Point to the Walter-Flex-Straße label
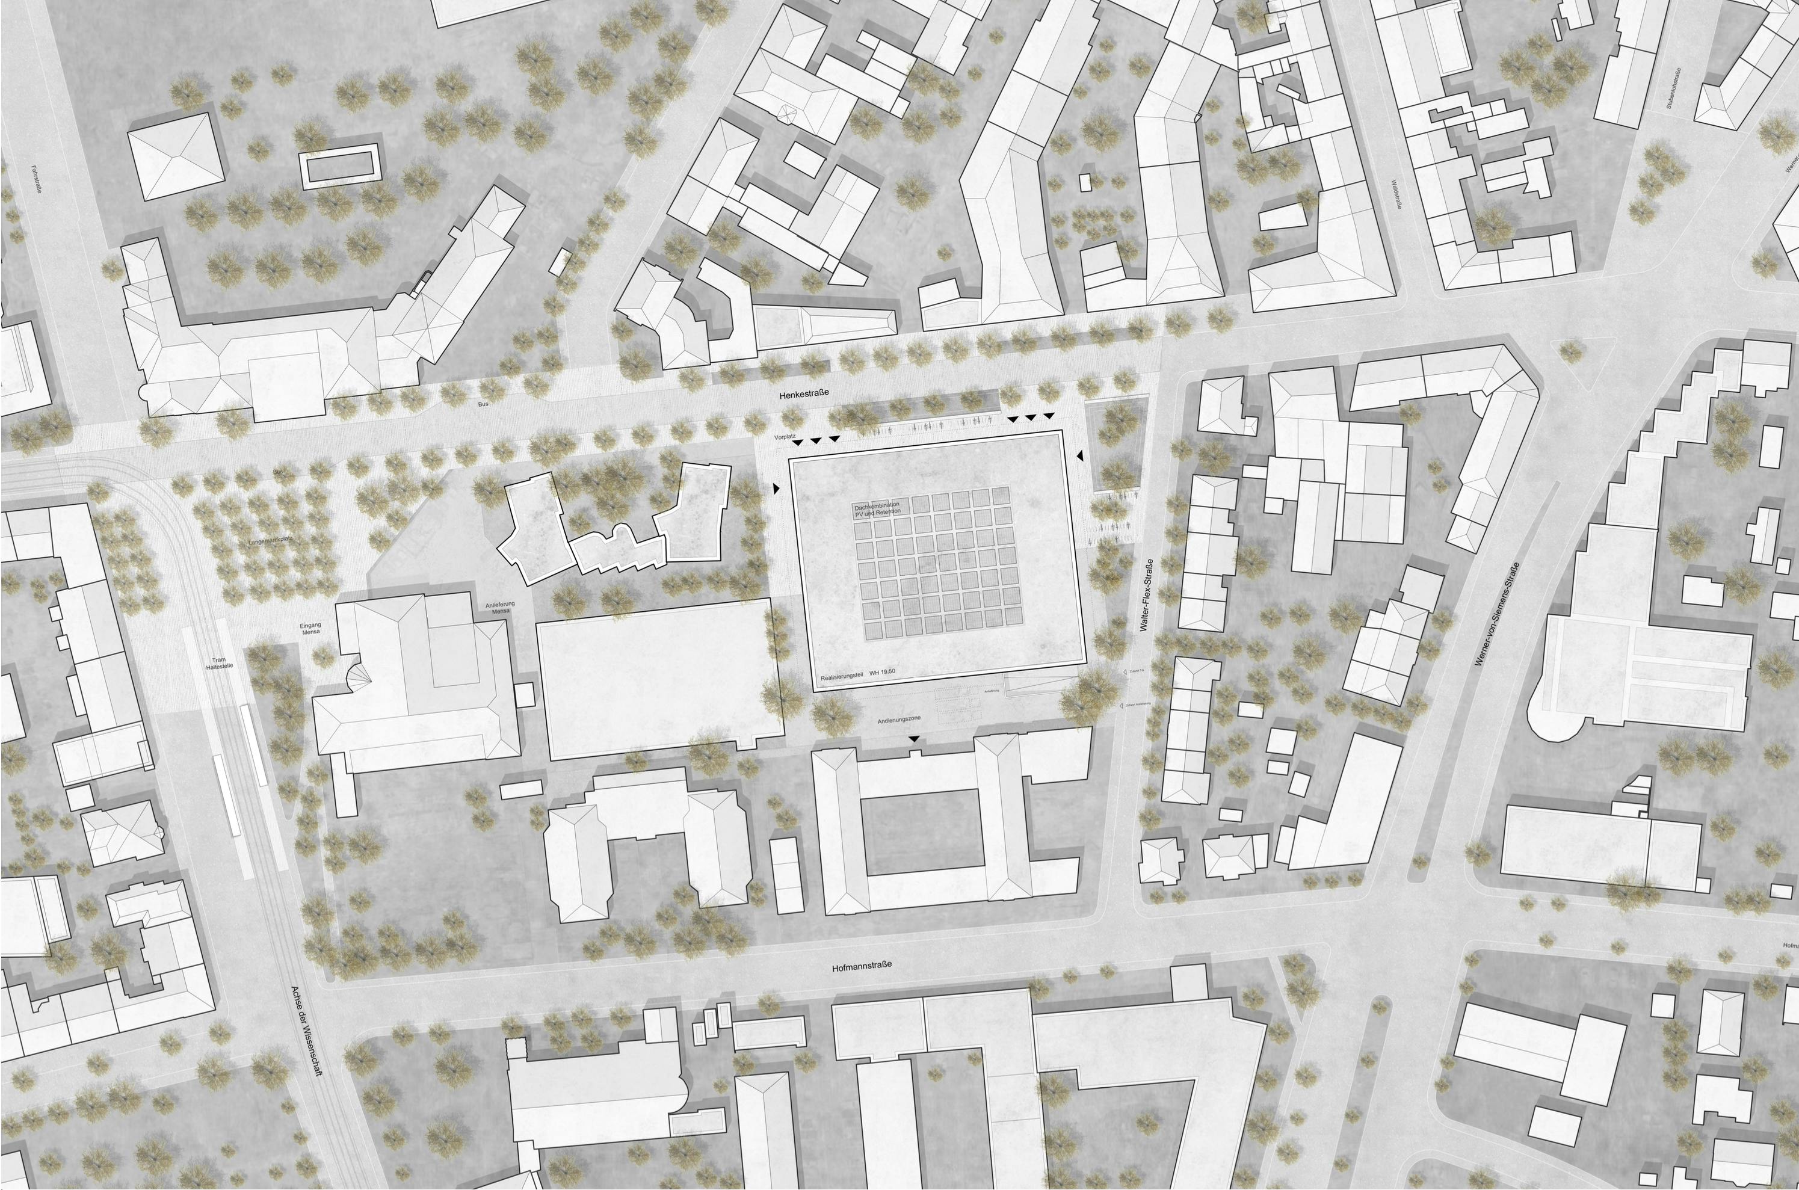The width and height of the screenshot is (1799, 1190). [x=1147, y=596]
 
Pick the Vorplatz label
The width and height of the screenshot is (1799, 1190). [x=785, y=439]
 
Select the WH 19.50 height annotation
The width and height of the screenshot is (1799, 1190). [x=883, y=673]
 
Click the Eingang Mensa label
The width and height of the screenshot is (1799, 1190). [x=311, y=629]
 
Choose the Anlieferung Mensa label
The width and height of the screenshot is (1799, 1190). [x=499, y=607]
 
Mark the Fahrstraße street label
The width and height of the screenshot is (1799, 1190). [x=34, y=182]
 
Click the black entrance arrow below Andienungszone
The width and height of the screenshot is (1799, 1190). [x=914, y=738]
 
